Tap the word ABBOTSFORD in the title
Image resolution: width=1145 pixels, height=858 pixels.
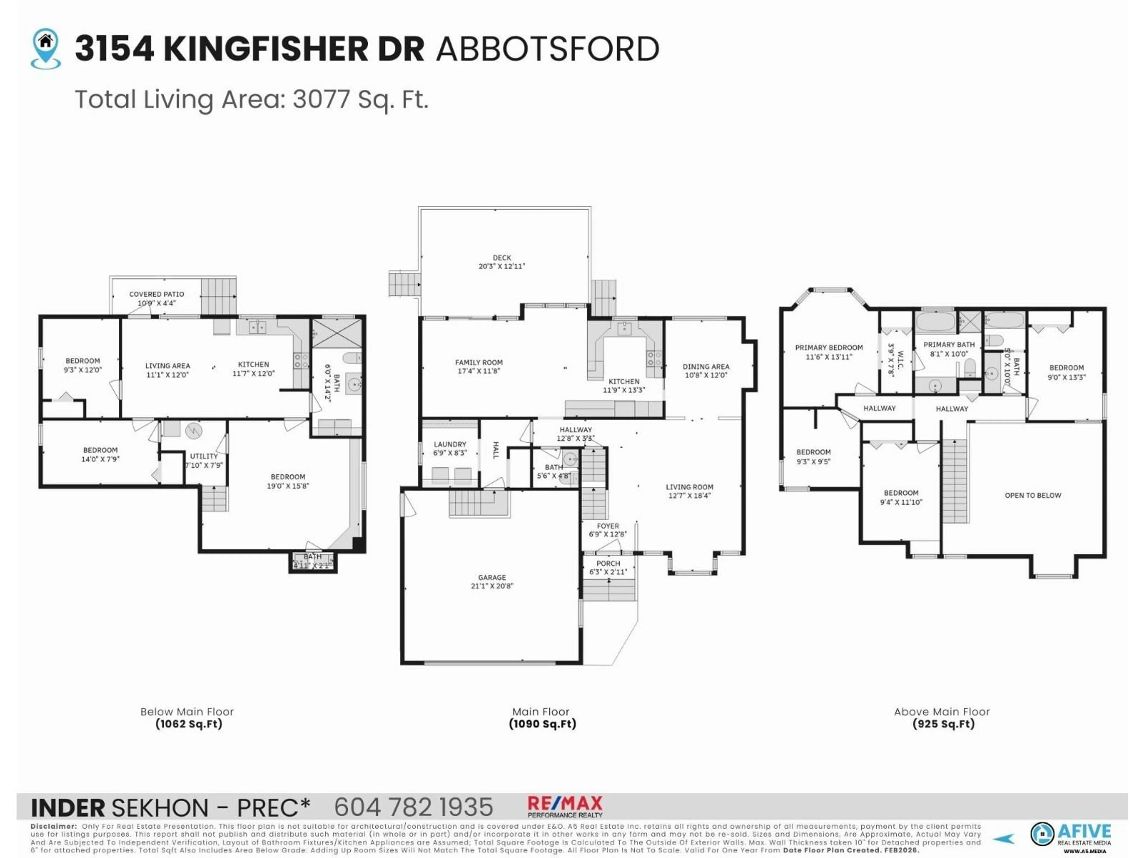[548, 49]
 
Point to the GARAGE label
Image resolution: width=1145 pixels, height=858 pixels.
[492, 577]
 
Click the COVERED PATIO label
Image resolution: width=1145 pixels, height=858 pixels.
[156, 294]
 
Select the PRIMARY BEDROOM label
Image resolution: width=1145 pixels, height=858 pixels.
[828, 348]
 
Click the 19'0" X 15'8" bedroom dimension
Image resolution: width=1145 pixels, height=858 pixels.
[288, 486]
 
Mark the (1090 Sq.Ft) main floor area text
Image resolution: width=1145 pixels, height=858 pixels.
[542, 724]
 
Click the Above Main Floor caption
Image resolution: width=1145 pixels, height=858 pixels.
[942, 712]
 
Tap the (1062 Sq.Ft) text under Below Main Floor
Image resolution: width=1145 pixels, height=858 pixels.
[188, 724]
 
